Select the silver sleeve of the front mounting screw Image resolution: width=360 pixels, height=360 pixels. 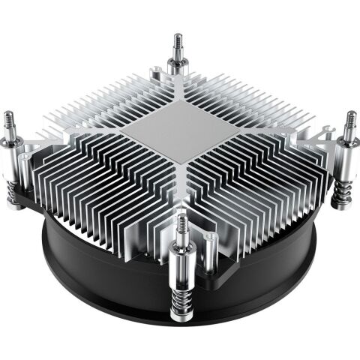182,259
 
